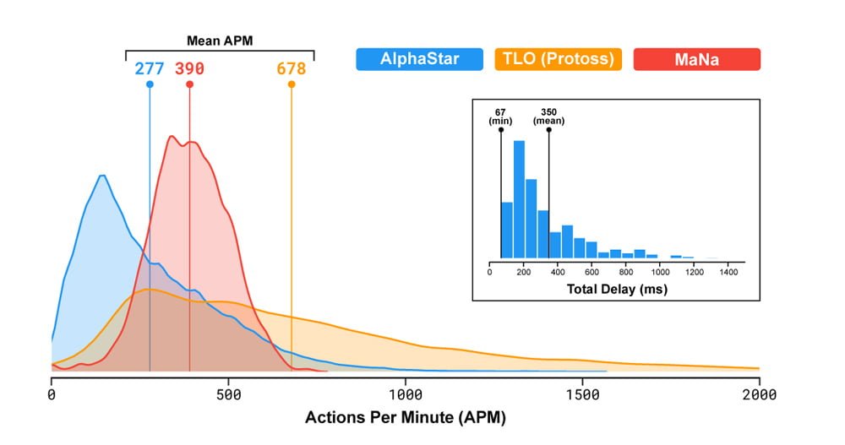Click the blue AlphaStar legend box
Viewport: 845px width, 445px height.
coord(420,59)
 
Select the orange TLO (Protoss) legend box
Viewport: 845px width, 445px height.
coord(558,59)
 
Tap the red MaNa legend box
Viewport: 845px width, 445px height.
coord(697,59)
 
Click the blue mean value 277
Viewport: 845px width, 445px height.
coord(150,68)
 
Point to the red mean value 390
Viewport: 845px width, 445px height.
coord(189,68)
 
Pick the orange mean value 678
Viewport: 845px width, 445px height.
coord(292,68)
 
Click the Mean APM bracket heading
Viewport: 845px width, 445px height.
coord(220,40)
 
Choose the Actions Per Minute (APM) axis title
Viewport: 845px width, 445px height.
coord(406,417)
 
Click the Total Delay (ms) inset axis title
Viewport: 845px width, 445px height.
coord(617,290)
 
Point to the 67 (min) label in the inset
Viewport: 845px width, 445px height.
coord(500,116)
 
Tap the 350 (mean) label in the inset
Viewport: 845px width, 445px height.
coord(548,116)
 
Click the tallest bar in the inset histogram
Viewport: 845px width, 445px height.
coord(519,199)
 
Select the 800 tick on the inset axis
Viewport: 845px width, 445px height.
coord(626,272)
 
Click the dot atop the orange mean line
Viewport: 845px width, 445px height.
coord(292,84)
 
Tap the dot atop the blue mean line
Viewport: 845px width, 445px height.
coord(150,84)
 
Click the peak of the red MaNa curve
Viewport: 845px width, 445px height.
coord(172,137)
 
